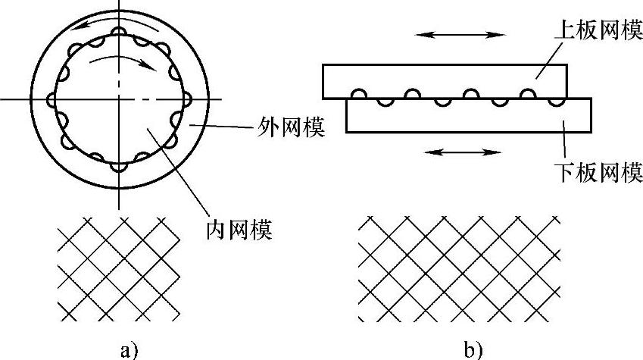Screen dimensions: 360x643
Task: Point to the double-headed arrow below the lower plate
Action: (x=463, y=152)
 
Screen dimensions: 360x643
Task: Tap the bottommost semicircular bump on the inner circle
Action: (x=120, y=164)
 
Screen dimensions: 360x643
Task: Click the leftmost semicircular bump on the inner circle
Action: (x=52, y=99)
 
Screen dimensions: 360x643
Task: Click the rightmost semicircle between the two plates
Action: (x=557, y=100)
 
